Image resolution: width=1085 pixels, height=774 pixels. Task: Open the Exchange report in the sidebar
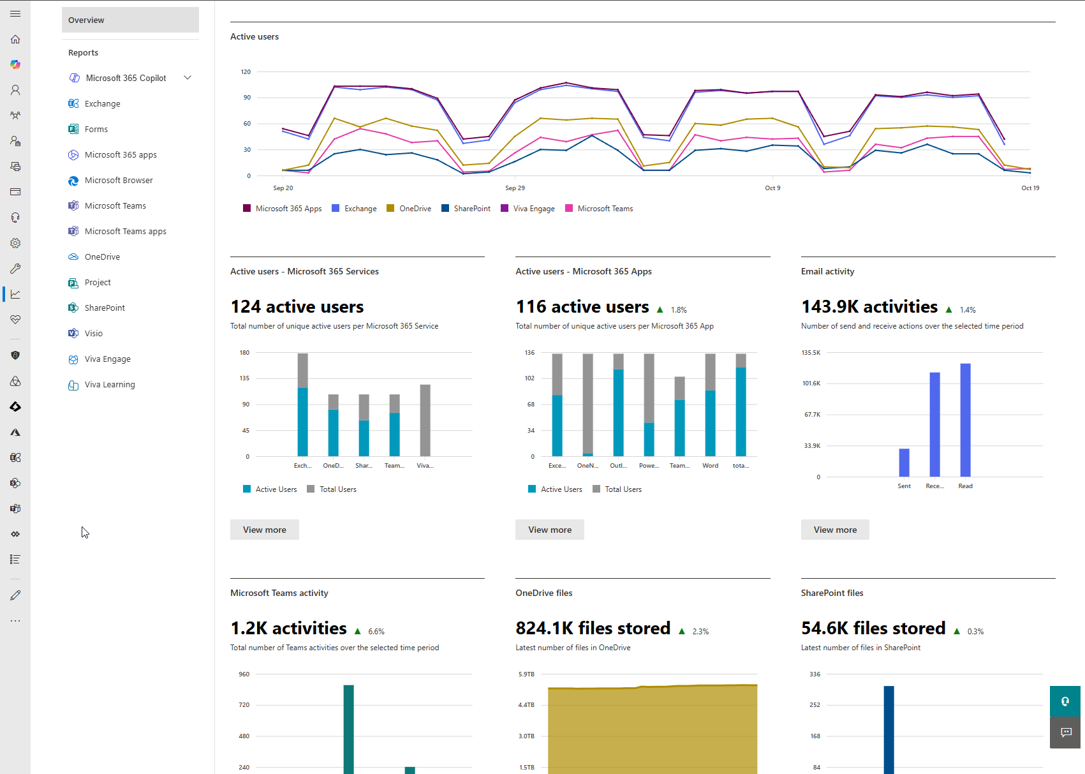(x=102, y=103)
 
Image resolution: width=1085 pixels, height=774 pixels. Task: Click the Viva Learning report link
(x=109, y=384)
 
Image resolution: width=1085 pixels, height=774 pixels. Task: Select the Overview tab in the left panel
(x=130, y=20)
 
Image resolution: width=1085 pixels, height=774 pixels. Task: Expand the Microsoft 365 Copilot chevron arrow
(x=188, y=78)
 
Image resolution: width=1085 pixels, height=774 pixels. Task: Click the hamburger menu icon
(x=15, y=13)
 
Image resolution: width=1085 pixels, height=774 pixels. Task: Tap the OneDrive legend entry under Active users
(x=415, y=209)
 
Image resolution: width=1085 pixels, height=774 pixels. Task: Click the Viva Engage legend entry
(x=533, y=209)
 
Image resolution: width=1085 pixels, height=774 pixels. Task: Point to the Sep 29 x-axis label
(x=515, y=188)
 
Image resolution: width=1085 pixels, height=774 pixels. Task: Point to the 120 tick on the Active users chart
(x=246, y=71)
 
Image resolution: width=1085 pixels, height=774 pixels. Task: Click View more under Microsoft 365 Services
(x=264, y=530)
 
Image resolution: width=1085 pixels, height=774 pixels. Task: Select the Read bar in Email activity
(x=965, y=419)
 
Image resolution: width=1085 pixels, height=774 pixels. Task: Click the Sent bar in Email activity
(x=904, y=462)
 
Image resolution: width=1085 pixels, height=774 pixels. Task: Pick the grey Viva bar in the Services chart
(x=425, y=420)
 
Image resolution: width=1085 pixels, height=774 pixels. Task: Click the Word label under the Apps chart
(x=710, y=466)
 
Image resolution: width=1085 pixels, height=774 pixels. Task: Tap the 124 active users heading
(x=297, y=307)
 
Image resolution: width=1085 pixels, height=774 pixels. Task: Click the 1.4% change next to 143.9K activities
(x=967, y=310)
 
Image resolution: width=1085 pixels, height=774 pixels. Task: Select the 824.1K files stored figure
(x=593, y=629)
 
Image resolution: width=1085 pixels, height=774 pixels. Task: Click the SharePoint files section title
(x=832, y=593)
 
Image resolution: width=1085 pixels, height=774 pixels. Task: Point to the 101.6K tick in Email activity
(x=811, y=383)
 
